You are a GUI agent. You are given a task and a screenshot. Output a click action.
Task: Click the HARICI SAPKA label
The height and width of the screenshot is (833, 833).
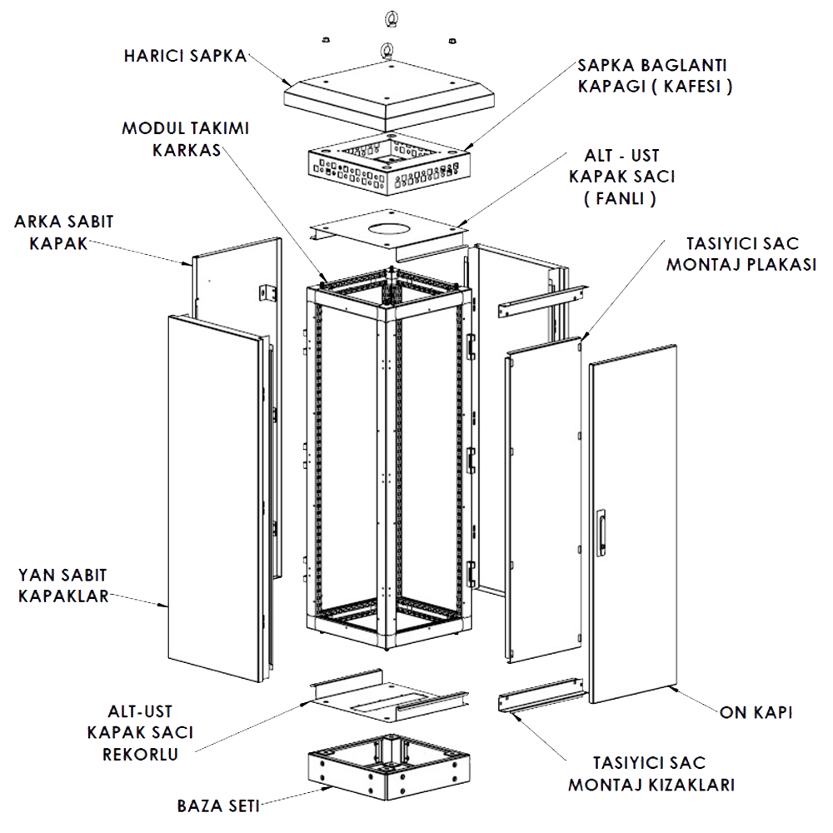coord(186,56)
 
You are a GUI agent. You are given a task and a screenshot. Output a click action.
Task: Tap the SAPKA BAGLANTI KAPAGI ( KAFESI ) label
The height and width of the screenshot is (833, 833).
coord(655,76)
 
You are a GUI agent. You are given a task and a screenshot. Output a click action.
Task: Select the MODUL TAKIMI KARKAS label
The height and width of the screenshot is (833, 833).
coord(186,139)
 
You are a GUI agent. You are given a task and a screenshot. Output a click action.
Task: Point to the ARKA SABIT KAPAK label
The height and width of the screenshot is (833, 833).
coord(64,232)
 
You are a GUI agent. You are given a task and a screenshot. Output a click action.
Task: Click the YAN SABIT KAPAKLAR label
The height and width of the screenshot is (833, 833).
coord(63,586)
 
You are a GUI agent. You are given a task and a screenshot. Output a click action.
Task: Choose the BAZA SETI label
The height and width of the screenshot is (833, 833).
coord(218,806)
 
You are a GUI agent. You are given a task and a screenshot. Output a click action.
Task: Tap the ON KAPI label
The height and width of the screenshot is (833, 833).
coord(756,712)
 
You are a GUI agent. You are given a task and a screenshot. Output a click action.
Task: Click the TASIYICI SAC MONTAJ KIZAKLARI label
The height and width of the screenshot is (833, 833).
coord(651,774)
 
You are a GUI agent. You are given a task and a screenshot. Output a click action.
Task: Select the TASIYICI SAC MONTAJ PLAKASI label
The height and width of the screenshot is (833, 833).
coord(741,254)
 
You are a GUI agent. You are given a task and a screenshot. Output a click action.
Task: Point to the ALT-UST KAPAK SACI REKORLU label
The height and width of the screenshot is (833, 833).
coord(140,732)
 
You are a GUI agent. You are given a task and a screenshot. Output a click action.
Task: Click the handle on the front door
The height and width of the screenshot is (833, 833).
coord(601,533)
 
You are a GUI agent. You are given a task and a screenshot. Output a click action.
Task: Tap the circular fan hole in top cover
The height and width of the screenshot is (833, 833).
coord(388,230)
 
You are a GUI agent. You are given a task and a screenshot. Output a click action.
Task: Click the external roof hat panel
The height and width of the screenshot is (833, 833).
coord(389,96)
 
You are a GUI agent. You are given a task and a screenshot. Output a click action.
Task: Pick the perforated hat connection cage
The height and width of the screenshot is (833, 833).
coord(388,163)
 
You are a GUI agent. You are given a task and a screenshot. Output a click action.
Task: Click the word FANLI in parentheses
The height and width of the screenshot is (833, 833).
coord(620,198)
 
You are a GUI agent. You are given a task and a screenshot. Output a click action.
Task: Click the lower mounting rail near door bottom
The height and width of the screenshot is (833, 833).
coord(542,695)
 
